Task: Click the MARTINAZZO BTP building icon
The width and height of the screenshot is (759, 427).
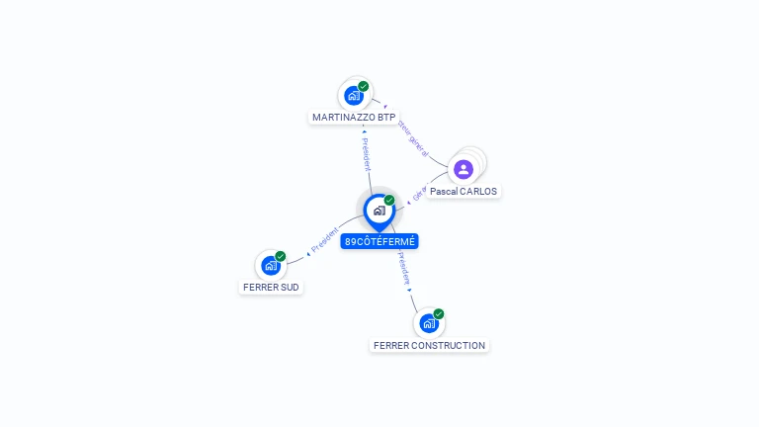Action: [354, 96]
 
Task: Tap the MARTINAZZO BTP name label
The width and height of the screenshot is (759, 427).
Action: [354, 117]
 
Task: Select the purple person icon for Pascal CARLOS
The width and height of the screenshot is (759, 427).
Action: [464, 169]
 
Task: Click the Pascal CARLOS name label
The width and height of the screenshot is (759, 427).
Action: [464, 191]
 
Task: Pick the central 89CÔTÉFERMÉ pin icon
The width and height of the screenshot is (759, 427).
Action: [379, 211]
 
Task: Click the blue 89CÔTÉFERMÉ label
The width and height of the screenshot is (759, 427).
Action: [379, 241]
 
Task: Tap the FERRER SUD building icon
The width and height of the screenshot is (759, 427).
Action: [271, 266]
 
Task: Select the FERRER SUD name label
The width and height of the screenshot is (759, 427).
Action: [271, 288]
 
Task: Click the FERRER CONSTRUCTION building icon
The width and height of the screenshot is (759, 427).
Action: [429, 323]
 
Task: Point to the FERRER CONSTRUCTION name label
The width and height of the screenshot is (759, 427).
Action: [429, 346]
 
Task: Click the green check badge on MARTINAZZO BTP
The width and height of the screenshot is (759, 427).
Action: [364, 86]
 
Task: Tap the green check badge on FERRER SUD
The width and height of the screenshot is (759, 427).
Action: [281, 256]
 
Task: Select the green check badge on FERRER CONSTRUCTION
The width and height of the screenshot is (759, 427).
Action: [439, 313]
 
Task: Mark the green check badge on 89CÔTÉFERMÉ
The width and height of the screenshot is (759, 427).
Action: [389, 201]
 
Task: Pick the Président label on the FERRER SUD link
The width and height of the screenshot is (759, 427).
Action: [324, 239]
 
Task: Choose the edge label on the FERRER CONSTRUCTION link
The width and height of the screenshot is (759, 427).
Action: [404, 269]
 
